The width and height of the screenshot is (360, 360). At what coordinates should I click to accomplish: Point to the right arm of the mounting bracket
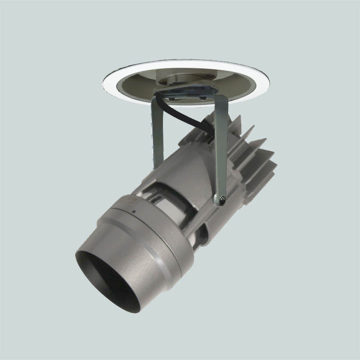221,144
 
